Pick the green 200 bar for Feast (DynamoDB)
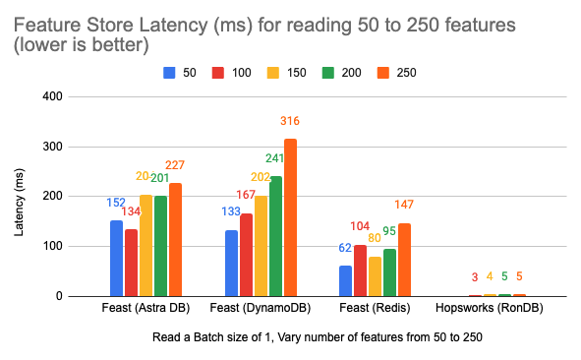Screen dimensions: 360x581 (275, 236)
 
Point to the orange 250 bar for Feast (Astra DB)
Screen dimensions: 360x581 (175, 239)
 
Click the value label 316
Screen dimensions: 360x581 (290, 121)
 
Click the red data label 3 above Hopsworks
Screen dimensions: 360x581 (474, 277)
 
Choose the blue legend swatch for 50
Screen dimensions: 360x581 (169, 72)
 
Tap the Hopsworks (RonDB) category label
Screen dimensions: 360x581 (489, 309)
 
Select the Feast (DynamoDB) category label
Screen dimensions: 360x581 (261, 309)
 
